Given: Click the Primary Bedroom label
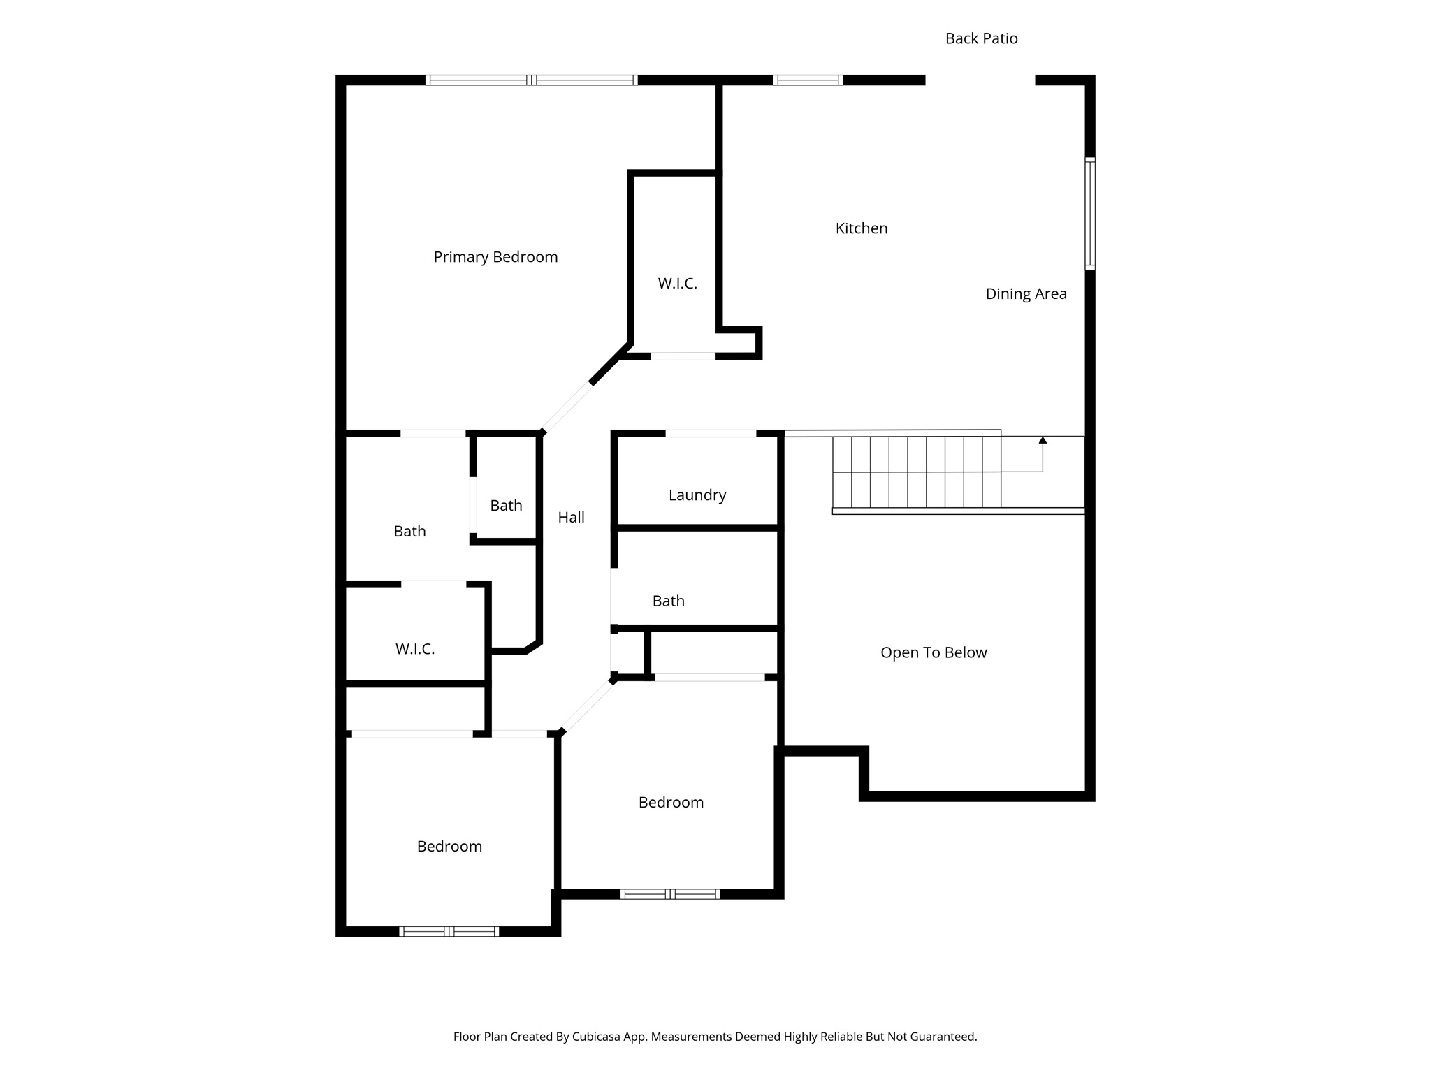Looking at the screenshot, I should click(495, 257).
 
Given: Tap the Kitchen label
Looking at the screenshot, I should click(861, 228).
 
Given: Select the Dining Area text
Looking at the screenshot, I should click(1026, 294).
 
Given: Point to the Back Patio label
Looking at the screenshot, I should click(981, 38).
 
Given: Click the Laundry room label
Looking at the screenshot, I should click(697, 495).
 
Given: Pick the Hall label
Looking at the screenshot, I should click(571, 518).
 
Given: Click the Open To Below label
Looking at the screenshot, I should click(934, 652).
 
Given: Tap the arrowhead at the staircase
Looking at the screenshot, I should click(1043, 440).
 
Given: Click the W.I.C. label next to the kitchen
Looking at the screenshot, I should click(677, 284).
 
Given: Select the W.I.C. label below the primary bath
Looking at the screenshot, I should click(415, 649).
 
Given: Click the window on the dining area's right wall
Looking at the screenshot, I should click(1089, 214).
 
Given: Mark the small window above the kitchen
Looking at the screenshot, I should click(808, 80).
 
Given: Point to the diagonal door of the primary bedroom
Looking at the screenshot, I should click(567, 407).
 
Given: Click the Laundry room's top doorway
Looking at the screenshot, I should click(710, 434).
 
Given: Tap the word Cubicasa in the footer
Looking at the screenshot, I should click(597, 1037).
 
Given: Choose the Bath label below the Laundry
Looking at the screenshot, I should click(668, 601).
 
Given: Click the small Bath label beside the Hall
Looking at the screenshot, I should click(506, 506).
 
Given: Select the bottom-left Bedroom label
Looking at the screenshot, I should click(449, 847).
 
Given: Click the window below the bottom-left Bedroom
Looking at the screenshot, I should click(449, 931).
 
